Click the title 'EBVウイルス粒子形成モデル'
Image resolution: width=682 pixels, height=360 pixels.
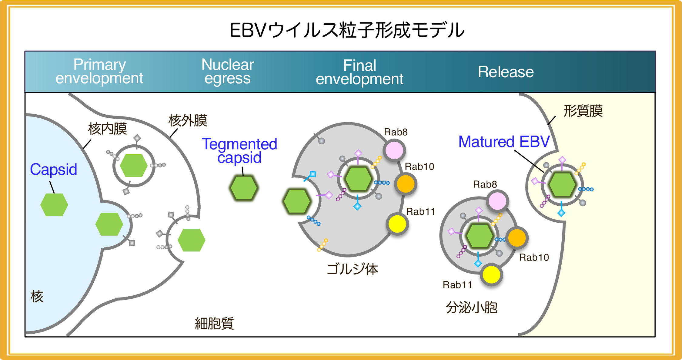pyautogui.click(x=347, y=30)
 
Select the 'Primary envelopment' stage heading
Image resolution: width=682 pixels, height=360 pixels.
pyautogui.click(x=99, y=72)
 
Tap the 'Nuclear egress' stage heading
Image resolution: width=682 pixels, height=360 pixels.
pyautogui.click(x=228, y=72)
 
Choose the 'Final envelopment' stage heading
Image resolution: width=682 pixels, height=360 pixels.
pyautogui.click(x=359, y=72)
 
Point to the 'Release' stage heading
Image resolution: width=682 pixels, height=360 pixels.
pyautogui.click(x=506, y=72)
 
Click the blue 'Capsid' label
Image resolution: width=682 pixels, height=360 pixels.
pyautogui.click(x=54, y=169)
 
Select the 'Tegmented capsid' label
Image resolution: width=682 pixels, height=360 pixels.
pyautogui.click(x=239, y=151)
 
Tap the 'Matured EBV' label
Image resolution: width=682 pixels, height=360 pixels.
pyautogui.click(x=504, y=142)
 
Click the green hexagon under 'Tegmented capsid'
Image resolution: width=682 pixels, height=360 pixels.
pyautogui.click(x=244, y=188)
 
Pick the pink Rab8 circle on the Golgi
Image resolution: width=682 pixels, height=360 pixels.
pyautogui.click(x=394, y=150)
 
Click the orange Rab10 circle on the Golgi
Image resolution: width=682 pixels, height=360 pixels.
pyautogui.click(x=406, y=184)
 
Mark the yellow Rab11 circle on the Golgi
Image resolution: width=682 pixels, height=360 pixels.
pyautogui.click(x=397, y=224)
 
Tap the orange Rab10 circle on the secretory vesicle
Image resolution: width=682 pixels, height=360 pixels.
pyautogui.click(x=517, y=238)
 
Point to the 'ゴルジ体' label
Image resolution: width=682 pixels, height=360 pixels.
pyautogui.click(x=352, y=269)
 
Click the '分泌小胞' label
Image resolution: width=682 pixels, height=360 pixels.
pyautogui.click(x=471, y=307)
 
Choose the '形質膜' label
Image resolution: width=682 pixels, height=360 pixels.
pyautogui.click(x=583, y=111)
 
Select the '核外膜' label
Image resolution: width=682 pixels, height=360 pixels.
pyautogui.click(x=188, y=120)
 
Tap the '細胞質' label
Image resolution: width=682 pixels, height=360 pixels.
pyautogui.click(x=214, y=323)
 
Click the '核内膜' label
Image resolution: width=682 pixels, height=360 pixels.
pyautogui.click(x=108, y=129)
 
